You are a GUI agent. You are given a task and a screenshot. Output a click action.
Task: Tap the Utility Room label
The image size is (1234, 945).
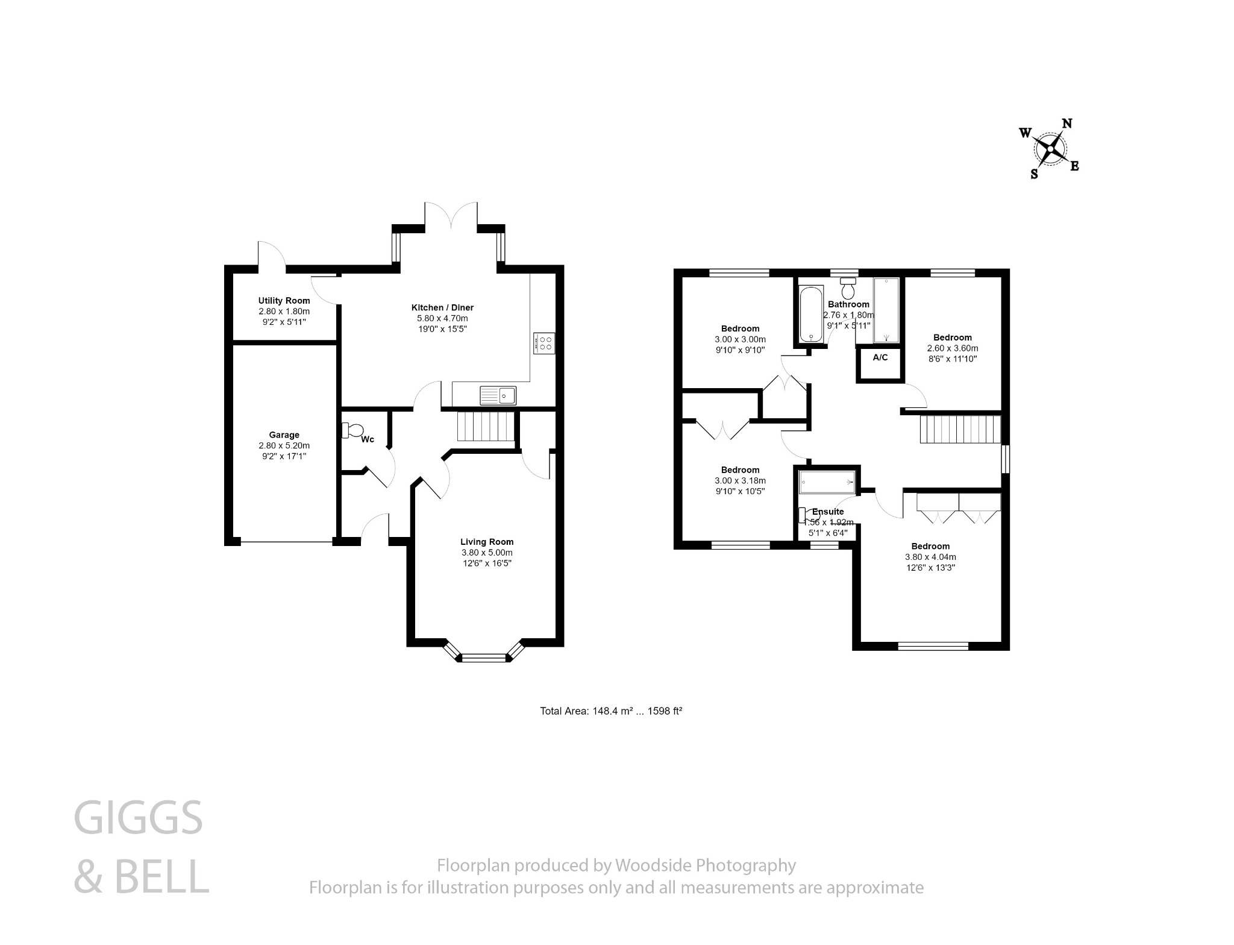click(x=284, y=301)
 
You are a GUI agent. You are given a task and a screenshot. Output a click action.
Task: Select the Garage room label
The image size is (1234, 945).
click(x=284, y=435)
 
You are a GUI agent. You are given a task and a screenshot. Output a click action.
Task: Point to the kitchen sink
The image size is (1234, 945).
click(x=498, y=395)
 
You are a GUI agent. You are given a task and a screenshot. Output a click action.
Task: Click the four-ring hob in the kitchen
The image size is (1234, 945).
click(x=544, y=344)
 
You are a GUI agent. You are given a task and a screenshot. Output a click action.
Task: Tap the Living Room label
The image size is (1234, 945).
click(x=487, y=542)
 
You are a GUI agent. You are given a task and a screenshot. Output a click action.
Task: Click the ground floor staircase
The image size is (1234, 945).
click(x=485, y=427)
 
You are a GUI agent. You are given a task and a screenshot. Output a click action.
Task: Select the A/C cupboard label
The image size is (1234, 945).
click(x=880, y=357)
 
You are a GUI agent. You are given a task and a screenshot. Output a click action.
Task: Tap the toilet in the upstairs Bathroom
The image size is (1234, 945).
click(x=849, y=289)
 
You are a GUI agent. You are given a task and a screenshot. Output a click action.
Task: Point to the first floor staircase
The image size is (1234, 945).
click(x=960, y=429)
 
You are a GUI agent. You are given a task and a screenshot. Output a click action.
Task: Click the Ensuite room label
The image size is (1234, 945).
click(x=828, y=512)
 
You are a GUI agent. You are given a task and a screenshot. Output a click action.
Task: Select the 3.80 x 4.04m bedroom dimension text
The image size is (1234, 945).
click(x=930, y=557)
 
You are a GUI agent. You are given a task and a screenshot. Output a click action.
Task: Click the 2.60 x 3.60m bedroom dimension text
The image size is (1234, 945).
click(x=953, y=348)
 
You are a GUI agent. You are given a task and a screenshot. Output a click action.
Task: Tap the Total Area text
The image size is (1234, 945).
click(x=610, y=711)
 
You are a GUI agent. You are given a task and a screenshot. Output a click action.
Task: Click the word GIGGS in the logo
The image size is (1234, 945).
click(x=138, y=818)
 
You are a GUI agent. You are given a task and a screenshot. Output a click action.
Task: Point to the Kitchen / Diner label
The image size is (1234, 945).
click(x=442, y=307)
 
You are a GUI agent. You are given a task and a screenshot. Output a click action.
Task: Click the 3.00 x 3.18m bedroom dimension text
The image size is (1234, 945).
click(x=740, y=480)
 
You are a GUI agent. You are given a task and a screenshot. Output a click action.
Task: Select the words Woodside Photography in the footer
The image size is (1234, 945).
click(x=705, y=865)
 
